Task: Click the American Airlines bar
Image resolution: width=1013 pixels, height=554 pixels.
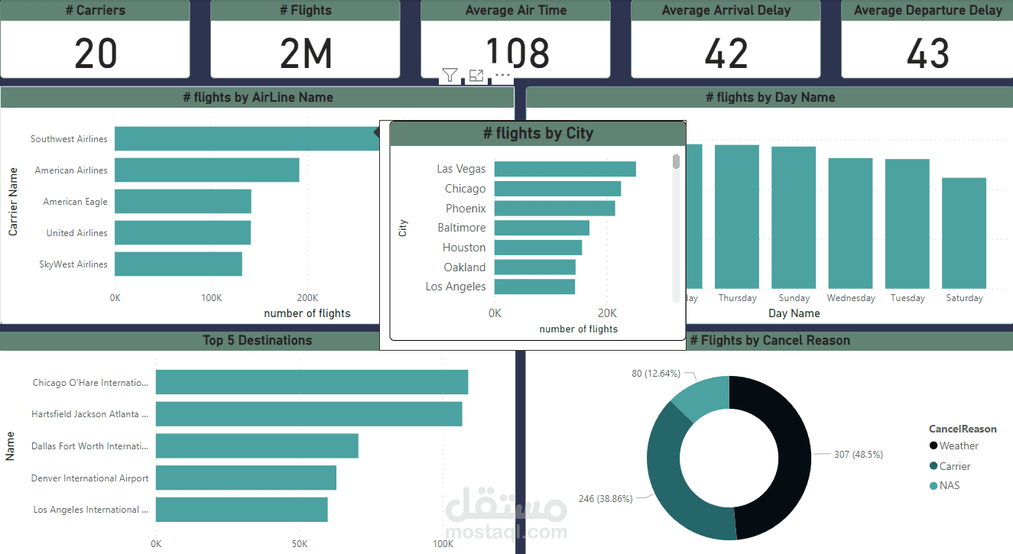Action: point(206,170)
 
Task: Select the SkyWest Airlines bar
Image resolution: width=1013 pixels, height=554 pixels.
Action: point(178,264)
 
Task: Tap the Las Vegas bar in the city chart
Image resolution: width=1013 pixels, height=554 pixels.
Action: point(565,169)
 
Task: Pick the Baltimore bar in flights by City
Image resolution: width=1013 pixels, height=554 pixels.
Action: point(541,228)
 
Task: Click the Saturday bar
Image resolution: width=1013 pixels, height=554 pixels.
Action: point(963,232)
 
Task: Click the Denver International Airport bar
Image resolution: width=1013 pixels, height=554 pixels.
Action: point(245,478)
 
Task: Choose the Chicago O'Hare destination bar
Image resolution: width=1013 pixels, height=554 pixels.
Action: point(311,382)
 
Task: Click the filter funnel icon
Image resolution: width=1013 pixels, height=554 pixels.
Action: point(450,75)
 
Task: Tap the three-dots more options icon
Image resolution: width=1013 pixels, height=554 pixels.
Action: point(502,75)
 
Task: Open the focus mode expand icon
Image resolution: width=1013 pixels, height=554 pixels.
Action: point(476,75)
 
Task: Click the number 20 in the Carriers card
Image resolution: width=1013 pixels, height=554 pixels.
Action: point(96,53)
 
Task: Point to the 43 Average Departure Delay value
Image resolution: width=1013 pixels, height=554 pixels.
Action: point(927,53)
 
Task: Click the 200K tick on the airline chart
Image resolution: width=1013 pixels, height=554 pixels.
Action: point(307,297)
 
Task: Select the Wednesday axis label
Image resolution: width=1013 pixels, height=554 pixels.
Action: point(850,298)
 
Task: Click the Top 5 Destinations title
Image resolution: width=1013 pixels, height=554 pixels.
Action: point(257,341)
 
